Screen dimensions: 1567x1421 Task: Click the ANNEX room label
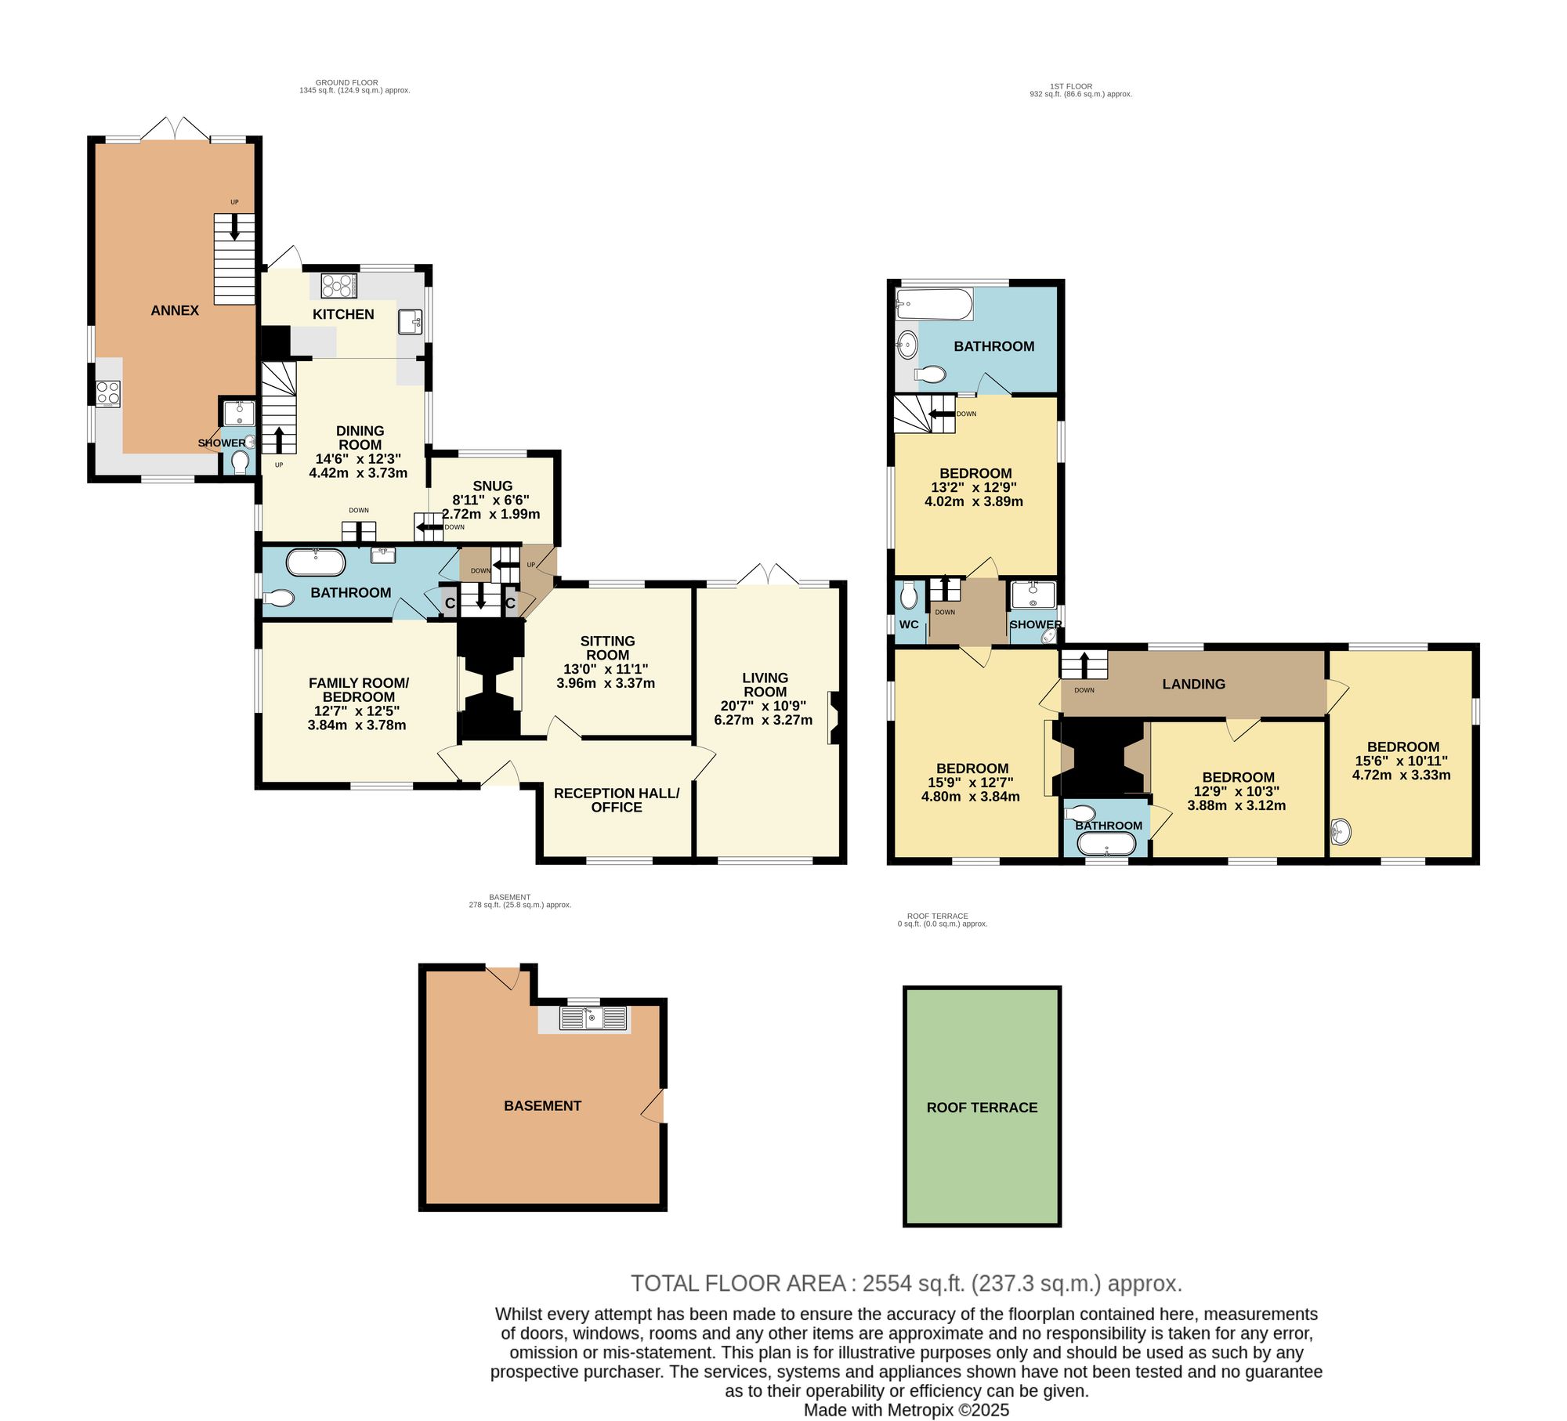tap(175, 310)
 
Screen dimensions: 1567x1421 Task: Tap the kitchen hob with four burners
tap(339, 286)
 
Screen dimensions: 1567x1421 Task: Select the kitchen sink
tap(411, 322)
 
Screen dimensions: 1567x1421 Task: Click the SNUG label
tap(493, 486)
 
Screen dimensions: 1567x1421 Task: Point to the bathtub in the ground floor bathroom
tap(316, 562)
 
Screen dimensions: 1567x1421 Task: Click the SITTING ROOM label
tap(607, 648)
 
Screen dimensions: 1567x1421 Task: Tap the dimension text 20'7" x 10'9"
tap(763, 706)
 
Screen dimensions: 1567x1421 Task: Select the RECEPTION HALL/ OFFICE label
tap(617, 800)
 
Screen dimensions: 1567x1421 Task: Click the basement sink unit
tap(593, 1018)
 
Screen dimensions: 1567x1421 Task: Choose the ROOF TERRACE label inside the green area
tap(982, 1108)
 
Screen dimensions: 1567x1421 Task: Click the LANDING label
tap(1193, 684)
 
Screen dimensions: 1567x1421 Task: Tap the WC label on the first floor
tap(909, 624)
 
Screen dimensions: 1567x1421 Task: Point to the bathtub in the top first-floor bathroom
tap(935, 304)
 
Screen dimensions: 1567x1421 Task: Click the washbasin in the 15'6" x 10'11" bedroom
tap(1341, 832)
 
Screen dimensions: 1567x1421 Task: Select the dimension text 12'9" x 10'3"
tap(1236, 791)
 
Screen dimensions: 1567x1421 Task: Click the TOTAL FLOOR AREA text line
tap(907, 1283)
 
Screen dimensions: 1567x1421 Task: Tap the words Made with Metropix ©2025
tap(907, 1410)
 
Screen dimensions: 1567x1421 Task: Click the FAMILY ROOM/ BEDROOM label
tap(359, 689)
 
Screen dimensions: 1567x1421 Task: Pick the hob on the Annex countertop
tap(108, 393)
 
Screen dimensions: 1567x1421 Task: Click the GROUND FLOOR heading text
tap(347, 82)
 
